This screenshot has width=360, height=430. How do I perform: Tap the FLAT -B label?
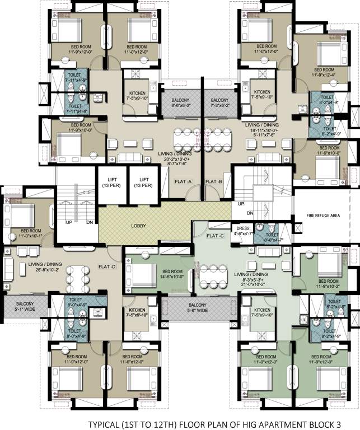(214, 181)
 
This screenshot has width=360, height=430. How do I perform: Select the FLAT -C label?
(216, 236)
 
